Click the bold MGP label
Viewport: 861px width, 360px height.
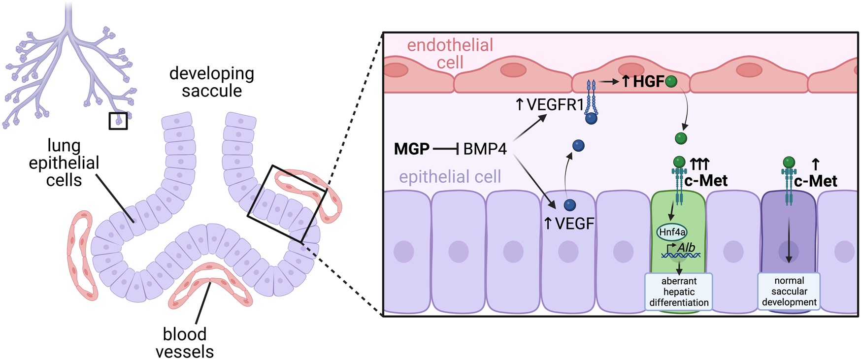click(x=411, y=149)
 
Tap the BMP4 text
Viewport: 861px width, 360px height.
click(x=485, y=149)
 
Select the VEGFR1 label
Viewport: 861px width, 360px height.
click(x=549, y=104)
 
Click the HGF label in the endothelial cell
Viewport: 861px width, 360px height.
click(x=648, y=82)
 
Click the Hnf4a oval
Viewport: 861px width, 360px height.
click(x=672, y=232)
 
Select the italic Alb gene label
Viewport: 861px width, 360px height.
click(x=686, y=247)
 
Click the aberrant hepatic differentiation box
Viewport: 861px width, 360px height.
click(x=679, y=292)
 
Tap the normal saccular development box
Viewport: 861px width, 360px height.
click(x=789, y=291)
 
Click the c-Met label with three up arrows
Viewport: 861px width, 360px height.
click(x=705, y=181)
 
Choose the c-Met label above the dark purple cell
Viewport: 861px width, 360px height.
click(x=815, y=181)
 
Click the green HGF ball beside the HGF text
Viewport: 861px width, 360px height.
click(x=671, y=82)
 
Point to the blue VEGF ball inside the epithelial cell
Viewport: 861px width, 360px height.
click(x=570, y=205)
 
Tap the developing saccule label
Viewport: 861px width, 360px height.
click(x=212, y=82)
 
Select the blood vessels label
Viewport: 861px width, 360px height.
click(x=185, y=343)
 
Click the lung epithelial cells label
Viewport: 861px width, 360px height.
click(x=64, y=163)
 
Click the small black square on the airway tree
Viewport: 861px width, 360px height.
click(x=118, y=121)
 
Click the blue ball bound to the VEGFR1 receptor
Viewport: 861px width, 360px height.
click(x=591, y=118)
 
